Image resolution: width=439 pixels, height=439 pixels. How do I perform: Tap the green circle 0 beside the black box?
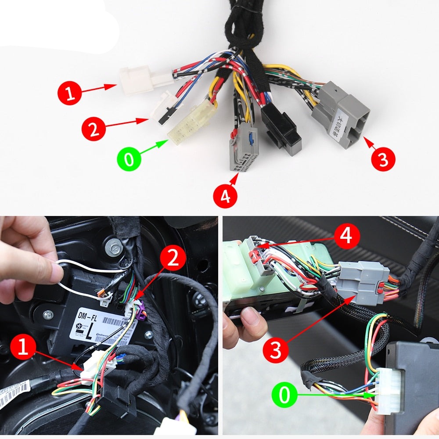(285, 395)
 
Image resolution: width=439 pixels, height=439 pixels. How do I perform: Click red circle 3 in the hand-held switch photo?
(275, 349)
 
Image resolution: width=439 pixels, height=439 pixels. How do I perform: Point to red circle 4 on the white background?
(225, 196)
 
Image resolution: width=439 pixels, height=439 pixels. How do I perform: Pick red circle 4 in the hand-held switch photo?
(346, 237)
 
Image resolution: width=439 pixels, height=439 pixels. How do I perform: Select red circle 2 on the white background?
(94, 128)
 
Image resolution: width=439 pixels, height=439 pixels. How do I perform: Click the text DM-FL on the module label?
(87, 316)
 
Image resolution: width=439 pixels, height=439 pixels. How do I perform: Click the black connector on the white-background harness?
(281, 131)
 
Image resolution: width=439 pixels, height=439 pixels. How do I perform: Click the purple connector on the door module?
(140, 312)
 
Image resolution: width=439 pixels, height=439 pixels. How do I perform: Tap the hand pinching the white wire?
(26, 259)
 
